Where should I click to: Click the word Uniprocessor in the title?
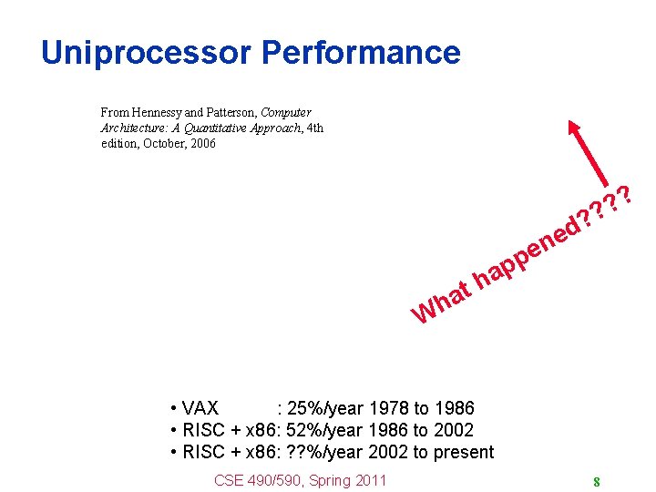click(x=147, y=52)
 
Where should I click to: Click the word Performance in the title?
click(x=361, y=52)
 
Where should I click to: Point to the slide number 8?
click(x=596, y=482)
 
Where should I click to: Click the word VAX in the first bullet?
click(x=200, y=408)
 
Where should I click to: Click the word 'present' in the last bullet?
click(x=462, y=452)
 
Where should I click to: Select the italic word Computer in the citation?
click(x=286, y=112)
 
